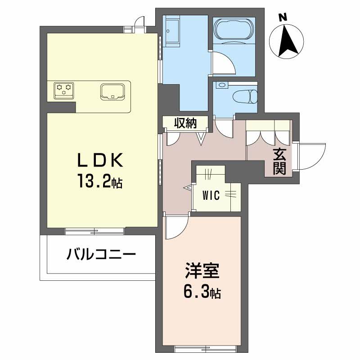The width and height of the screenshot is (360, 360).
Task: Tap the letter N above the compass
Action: [x=283, y=18]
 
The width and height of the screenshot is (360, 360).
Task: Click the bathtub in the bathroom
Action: [x=233, y=30]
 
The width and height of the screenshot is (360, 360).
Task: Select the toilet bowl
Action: [x=246, y=95]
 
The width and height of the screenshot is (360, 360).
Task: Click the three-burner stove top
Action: [x=63, y=89]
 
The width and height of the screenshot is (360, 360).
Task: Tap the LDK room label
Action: [x=100, y=160]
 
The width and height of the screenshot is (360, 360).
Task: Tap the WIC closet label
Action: [x=211, y=195]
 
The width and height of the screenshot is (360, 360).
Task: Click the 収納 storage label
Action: [x=185, y=122]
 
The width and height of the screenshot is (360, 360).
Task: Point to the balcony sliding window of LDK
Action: [x=94, y=231]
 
